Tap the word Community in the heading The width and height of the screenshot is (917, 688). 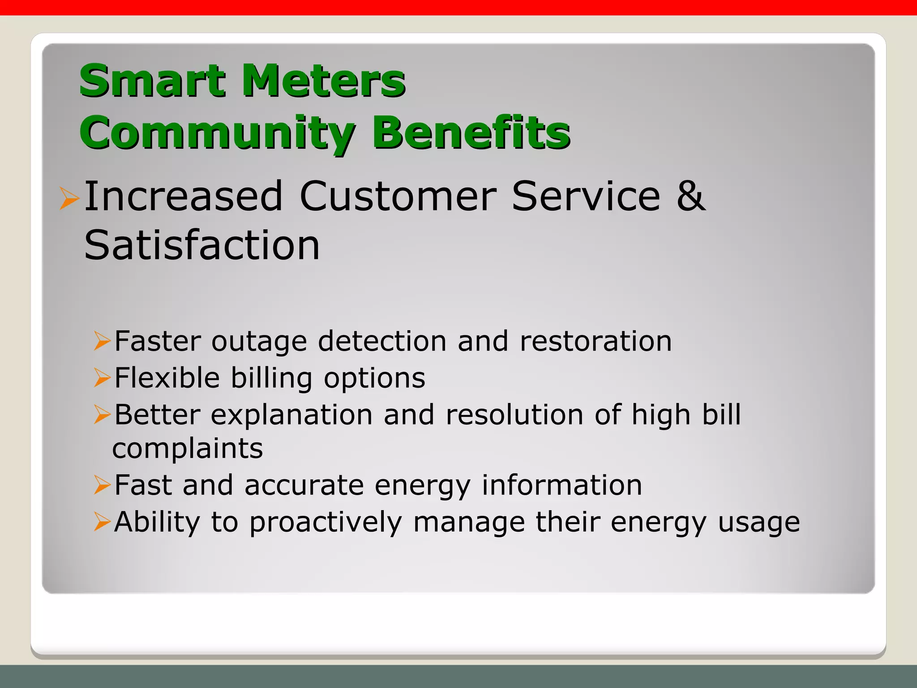point(218,133)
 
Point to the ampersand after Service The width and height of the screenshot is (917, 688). point(690,196)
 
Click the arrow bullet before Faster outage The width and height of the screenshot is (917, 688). point(102,342)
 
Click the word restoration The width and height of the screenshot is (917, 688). point(596,341)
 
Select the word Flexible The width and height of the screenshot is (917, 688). point(167,378)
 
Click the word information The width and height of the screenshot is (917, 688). point(562,485)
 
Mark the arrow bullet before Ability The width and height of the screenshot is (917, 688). point(102,522)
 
